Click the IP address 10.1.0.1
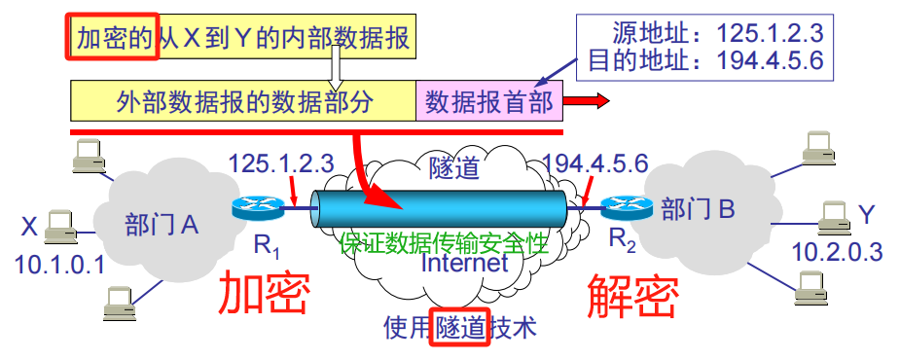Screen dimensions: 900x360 pyautogui.click(x=58, y=264)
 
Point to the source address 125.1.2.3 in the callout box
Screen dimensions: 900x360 pyautogui.click(x=770, y=33)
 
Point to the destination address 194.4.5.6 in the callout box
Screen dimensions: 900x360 pyautogui.click(x=770, y=61)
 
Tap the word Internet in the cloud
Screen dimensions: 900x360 pyautogui.click(x=465, y=264)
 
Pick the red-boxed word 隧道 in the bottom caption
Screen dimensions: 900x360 pyautogui.click(x=461, y=328)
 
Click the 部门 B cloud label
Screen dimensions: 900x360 pyautogui.click(x=698, y=207)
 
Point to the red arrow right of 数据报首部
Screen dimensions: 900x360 pyautogui.click(x=588, y=101)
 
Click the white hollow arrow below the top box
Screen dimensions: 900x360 pyautogui.click(x=335, y=69)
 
